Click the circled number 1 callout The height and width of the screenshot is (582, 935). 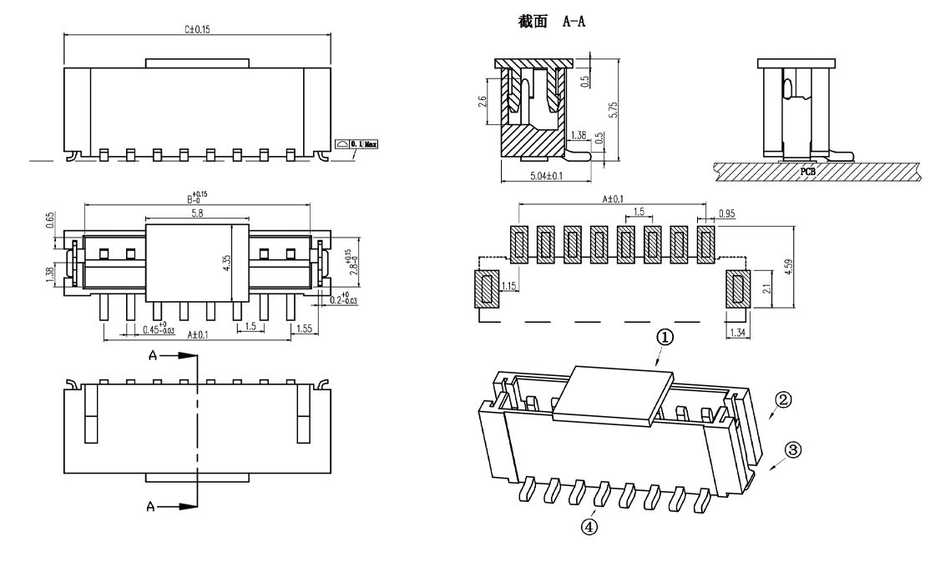click(x=665, y=337)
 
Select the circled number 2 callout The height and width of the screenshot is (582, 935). click(x=782, y=399)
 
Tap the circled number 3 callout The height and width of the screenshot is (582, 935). click(x=794, y=449)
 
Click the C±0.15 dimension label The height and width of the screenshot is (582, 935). click(x=197, y=29)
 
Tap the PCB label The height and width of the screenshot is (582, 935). click(x=807, y=170)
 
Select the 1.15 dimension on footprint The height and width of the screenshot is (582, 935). click(x=508, y=287)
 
